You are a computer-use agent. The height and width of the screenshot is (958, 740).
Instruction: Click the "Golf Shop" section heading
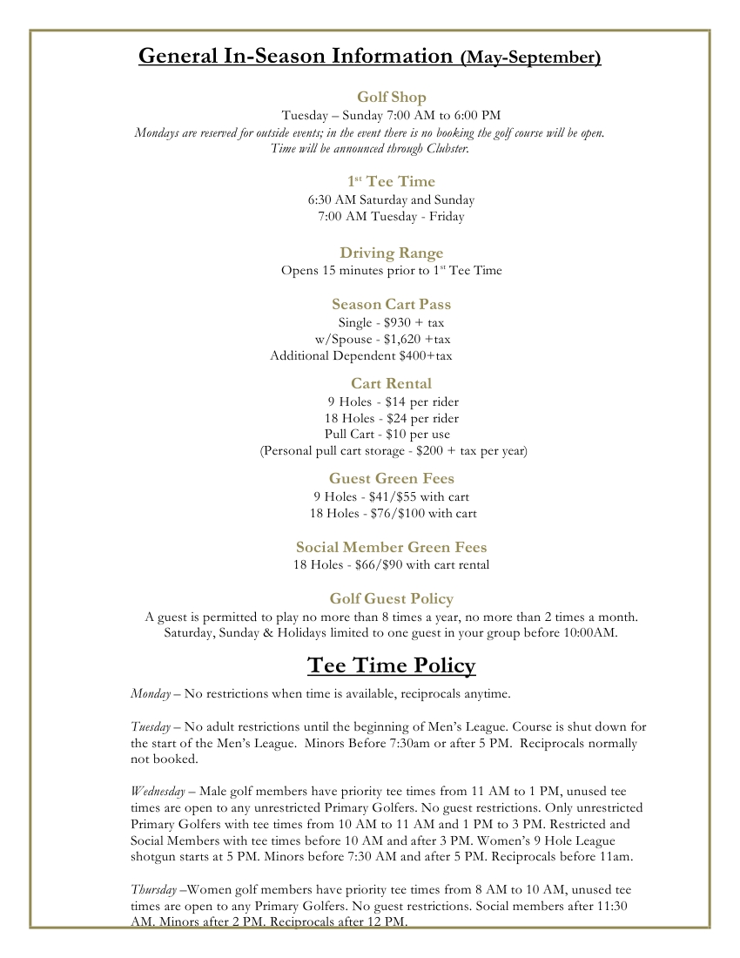point(391,97)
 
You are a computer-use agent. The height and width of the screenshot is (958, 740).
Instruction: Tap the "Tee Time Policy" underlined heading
point(391,666)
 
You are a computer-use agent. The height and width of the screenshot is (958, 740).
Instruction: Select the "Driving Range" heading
point(391,253)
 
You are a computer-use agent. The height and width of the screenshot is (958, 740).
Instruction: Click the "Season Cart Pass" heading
point(391,304)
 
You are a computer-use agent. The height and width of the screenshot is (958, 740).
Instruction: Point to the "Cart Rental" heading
point(391,383)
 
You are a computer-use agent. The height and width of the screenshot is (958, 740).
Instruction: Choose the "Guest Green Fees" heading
point(391,478)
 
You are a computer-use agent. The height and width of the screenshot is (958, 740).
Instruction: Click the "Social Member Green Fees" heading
point(391,547)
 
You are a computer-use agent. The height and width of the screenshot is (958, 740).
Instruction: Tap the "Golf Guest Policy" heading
point(391,598)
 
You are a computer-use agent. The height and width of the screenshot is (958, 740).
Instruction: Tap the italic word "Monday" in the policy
point(150,694)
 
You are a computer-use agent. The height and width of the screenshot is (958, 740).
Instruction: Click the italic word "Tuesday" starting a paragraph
point(151,726)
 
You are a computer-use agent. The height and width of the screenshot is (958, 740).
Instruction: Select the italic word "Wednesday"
point(158,791)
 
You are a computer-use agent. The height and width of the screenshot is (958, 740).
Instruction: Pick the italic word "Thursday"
point(153,889)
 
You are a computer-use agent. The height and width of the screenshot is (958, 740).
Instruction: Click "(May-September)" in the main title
point(530,58)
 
